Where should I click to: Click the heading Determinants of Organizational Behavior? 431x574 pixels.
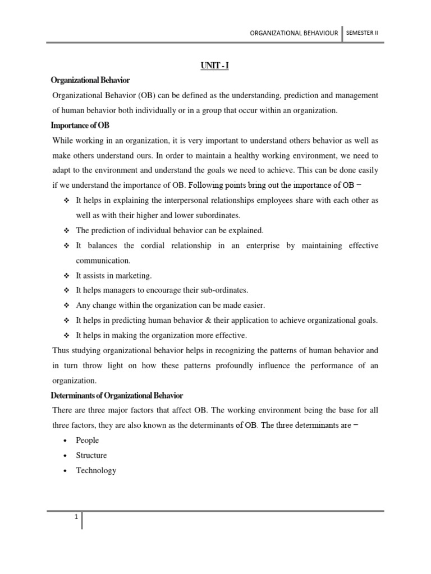point(117,396)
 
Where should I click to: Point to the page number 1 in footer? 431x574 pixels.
point(75,517)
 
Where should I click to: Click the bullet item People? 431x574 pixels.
point(88,441)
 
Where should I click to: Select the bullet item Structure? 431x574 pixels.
point(91,455)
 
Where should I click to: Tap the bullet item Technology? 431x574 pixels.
point(96,470)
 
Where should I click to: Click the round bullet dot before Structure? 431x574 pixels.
point(66,456)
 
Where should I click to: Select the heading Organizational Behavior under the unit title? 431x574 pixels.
point(90,81)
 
